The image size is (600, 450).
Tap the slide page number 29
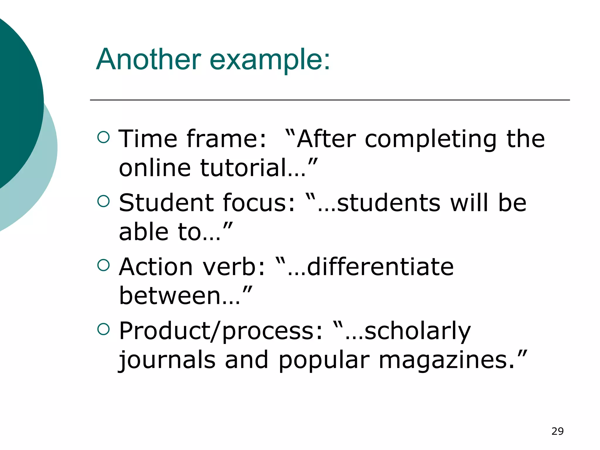(x=557, y=431)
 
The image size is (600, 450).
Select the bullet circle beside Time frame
(x=103, y=137)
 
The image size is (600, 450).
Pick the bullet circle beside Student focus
(x=103, y=201)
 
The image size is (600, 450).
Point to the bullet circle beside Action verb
(x=103, y=265)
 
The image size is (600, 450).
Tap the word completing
(x=430, y=139)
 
